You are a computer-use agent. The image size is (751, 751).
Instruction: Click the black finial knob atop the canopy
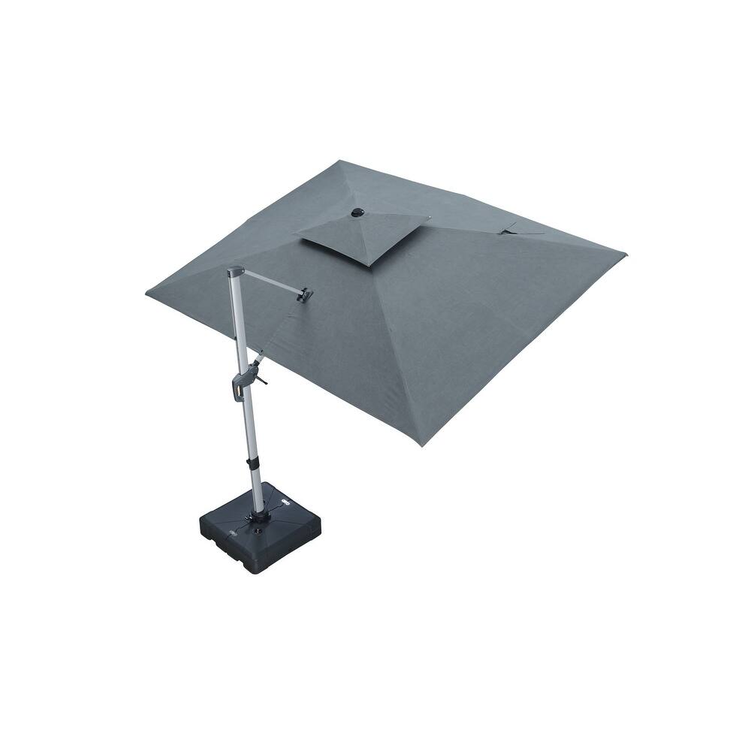pos(357,213)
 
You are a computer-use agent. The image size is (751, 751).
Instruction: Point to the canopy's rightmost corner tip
pos(625,255)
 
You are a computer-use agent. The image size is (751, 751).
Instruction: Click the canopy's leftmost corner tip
pos(147,294)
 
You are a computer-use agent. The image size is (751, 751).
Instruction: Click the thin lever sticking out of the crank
pos(260,379)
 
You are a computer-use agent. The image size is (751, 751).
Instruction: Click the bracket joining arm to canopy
pos(304,294)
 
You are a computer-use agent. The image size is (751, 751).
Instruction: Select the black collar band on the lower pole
pos(251,463)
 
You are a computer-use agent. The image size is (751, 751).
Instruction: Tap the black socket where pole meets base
pos(260,517)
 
